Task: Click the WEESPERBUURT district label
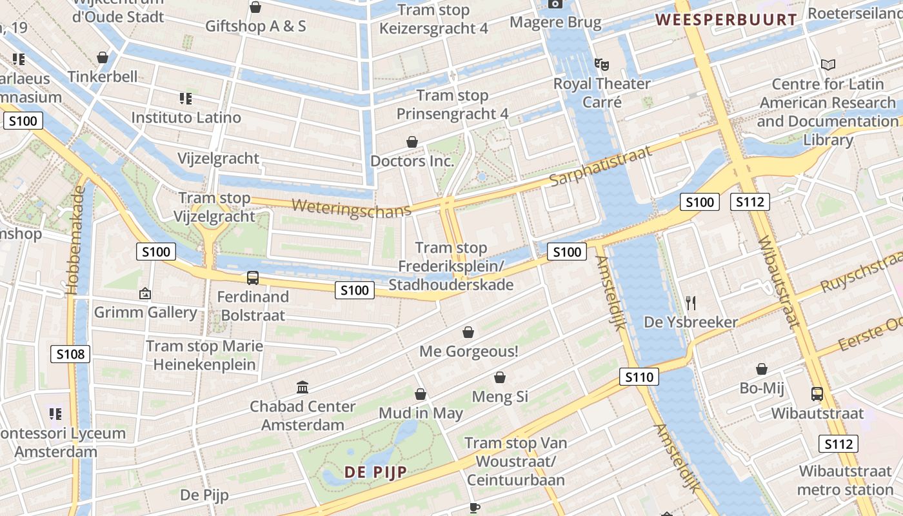(x=726, y=19)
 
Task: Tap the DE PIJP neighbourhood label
(x=375, y=472)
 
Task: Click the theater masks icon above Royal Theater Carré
(x=602, y=64)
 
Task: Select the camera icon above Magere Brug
(x=555, y=4)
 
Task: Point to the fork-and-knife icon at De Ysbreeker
(x=691, y=303)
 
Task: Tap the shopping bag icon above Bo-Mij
(x=762, y=369)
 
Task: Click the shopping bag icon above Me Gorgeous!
(x=468, y=332)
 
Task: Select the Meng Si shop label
(x=500, y=396)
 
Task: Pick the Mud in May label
(x=421, y=413)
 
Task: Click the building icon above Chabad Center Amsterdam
(x=303, y=387)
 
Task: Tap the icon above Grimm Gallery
(x=145, y=293)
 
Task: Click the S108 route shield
(x=70, y=353)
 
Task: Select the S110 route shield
(x=639, y=377)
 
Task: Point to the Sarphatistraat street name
(x=600, y=165)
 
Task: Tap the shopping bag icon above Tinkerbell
(x=103, y=57)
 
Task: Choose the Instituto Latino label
(x=186, y=117)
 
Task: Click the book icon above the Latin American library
(x=828, y=64)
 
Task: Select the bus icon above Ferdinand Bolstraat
(x=253, y=278)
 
